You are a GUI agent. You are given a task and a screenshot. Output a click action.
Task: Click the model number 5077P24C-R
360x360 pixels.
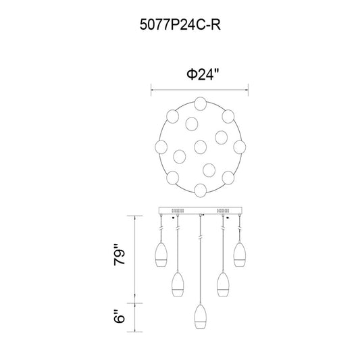(x=180, y=25)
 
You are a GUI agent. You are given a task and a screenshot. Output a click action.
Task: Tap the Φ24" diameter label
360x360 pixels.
(x=203, y=74)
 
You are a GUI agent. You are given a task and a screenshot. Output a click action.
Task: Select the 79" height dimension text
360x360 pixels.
(x=120, y=255)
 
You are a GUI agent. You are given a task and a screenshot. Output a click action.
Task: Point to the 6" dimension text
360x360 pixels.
(x=120, y=316)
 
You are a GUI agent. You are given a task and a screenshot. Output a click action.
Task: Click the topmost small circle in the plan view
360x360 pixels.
(x=200, y=103)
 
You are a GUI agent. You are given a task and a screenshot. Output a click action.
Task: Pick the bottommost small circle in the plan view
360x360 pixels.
(x=200, y=190)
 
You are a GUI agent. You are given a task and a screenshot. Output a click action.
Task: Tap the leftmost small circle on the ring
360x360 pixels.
(x=161, y=147)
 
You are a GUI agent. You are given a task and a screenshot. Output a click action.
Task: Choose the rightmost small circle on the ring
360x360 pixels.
(x=240, y=147)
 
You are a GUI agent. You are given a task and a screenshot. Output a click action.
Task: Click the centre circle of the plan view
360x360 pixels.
(x=200, y=147)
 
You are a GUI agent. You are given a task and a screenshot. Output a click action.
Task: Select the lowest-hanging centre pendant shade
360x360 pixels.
(x=201, y=316)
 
